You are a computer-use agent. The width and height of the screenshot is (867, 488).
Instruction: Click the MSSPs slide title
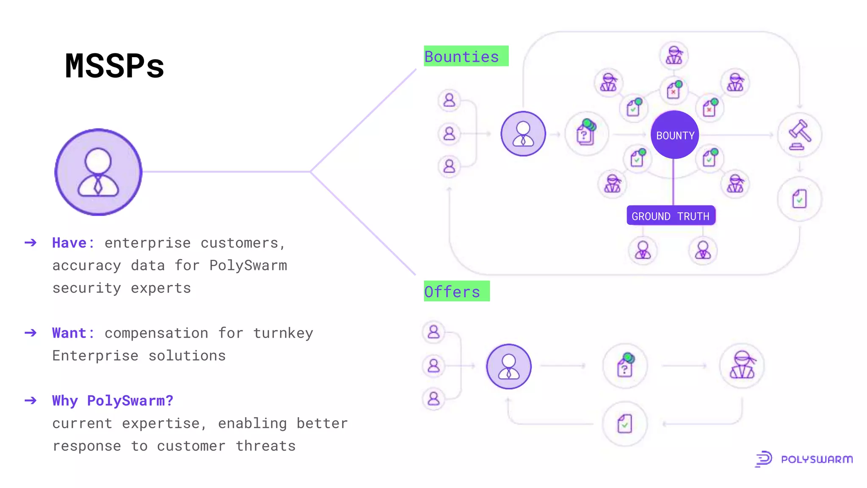point(114,66)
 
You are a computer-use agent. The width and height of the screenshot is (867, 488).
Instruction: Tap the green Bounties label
point(466,56)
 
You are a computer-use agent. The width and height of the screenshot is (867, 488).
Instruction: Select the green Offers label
point(456,291)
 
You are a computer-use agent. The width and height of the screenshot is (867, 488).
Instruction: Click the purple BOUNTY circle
point(675,135)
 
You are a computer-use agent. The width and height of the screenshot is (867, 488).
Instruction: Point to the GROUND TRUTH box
point(671,216)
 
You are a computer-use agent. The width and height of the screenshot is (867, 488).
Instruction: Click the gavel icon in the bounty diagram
point(800,135)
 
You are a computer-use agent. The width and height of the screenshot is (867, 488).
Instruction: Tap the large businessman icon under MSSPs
point(98,172)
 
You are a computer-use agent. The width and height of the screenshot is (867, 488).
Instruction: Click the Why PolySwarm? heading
point(113,401)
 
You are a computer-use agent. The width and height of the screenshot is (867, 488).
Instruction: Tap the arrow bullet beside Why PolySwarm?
point(30,401)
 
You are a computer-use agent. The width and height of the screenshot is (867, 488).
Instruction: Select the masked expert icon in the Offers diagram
point(742,366)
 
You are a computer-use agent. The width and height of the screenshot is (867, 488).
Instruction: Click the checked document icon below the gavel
point(799,199)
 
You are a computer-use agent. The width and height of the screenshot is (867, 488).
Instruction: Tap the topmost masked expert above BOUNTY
point(674,55)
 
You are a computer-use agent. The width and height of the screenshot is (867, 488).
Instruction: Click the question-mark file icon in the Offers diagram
point(625,366)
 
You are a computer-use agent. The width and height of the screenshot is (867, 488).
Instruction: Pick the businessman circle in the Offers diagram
point(509,366)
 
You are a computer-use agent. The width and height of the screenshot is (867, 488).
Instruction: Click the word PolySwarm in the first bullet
point(248,266)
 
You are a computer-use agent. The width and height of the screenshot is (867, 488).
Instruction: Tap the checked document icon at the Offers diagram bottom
point(625,424)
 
